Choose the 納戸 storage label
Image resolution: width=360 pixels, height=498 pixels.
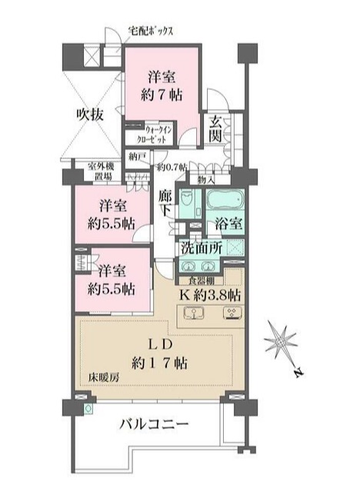138,157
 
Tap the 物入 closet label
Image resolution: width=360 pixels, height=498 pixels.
206,179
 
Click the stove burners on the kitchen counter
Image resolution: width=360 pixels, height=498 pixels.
231,313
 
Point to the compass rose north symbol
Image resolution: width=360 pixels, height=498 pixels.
283,338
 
